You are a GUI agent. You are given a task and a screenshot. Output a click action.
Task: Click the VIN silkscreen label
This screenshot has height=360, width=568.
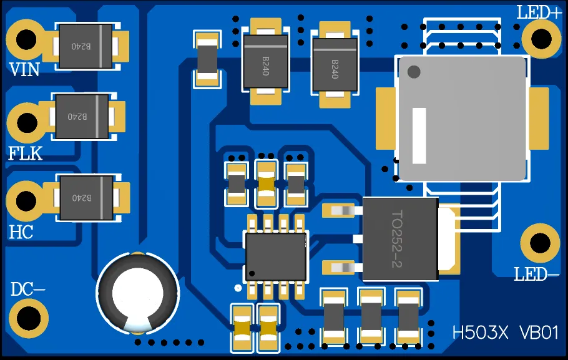pos(24,69)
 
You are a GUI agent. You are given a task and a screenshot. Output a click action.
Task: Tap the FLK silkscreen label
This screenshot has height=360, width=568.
pos(26,152)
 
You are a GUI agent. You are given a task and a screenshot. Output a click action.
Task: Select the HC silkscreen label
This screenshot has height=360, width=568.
pos(21,232)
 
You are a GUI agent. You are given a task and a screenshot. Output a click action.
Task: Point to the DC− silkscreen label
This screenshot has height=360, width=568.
pos(28,289)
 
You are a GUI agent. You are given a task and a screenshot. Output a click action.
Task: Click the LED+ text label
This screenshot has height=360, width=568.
pos(539,12)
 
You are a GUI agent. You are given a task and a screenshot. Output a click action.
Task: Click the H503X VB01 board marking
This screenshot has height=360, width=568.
pos(505,333)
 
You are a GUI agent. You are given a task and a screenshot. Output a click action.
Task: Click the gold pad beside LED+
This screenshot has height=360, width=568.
pos(541,37)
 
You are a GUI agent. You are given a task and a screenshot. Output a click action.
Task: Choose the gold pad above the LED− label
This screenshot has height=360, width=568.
pos(539,244)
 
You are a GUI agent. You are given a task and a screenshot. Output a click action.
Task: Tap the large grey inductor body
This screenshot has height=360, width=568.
pos(461,118)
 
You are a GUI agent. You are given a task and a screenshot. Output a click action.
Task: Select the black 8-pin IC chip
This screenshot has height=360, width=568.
pos(276,256)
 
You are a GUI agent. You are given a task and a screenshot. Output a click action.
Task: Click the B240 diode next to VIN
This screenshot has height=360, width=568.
pos(85,46)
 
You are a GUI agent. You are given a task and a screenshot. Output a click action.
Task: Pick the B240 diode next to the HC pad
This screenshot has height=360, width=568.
pos(86,197)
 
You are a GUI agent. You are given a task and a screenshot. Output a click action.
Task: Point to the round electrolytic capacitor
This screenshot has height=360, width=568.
pos(139,292)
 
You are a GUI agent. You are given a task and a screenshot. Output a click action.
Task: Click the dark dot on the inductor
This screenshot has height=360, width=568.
pos(414,72)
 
